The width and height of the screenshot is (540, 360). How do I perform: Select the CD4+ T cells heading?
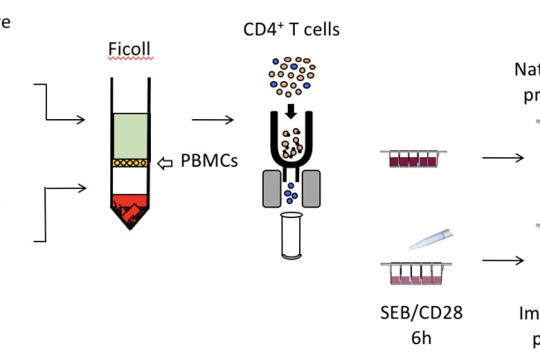coord(292,32)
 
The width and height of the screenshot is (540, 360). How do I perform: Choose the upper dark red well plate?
coord(413,158)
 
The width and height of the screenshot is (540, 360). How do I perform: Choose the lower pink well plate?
coord(413,274)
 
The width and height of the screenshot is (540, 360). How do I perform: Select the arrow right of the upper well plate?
coord(502,159)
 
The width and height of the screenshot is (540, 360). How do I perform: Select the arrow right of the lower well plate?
coord(502,261)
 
